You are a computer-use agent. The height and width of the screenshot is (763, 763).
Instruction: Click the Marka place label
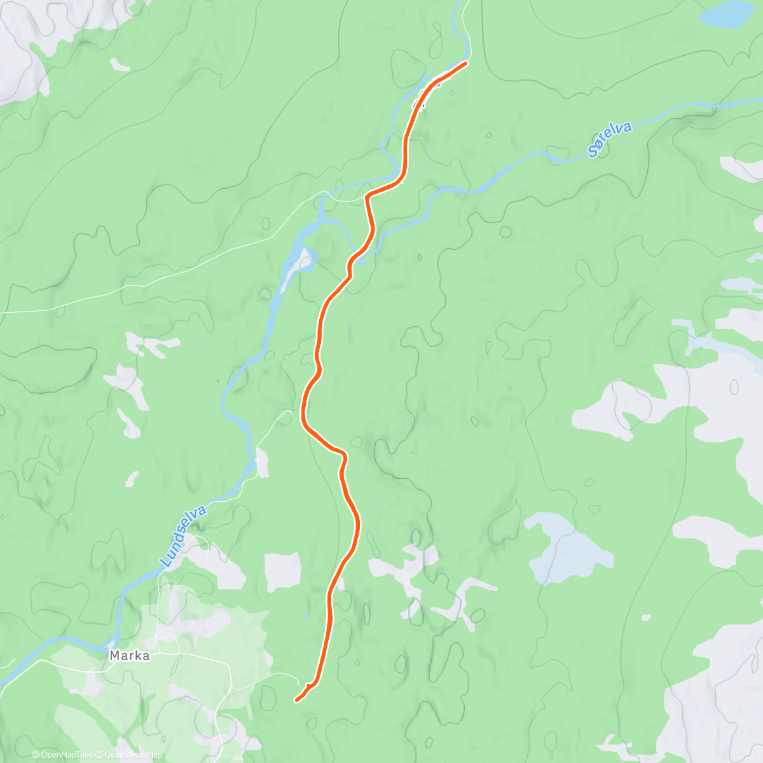[130, 656]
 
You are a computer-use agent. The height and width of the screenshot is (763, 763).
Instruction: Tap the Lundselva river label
[184, 536]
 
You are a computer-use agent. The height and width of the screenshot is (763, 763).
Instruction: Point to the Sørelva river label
[610, 139]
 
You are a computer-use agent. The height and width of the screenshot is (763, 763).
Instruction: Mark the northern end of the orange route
[466, 62]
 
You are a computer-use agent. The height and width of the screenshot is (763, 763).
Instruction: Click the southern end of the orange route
[296, 701]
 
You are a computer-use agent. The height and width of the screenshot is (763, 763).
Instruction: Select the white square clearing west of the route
[282, 572]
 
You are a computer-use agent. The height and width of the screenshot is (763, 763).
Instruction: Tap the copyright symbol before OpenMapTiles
[36, 755]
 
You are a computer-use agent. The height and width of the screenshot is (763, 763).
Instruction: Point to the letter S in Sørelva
[593, 152]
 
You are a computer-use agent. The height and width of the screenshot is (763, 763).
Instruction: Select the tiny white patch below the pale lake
[646, 617]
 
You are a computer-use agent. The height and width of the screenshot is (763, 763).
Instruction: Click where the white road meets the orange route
[368, 198]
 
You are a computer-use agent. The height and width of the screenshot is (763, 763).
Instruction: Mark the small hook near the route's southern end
[308, 687]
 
